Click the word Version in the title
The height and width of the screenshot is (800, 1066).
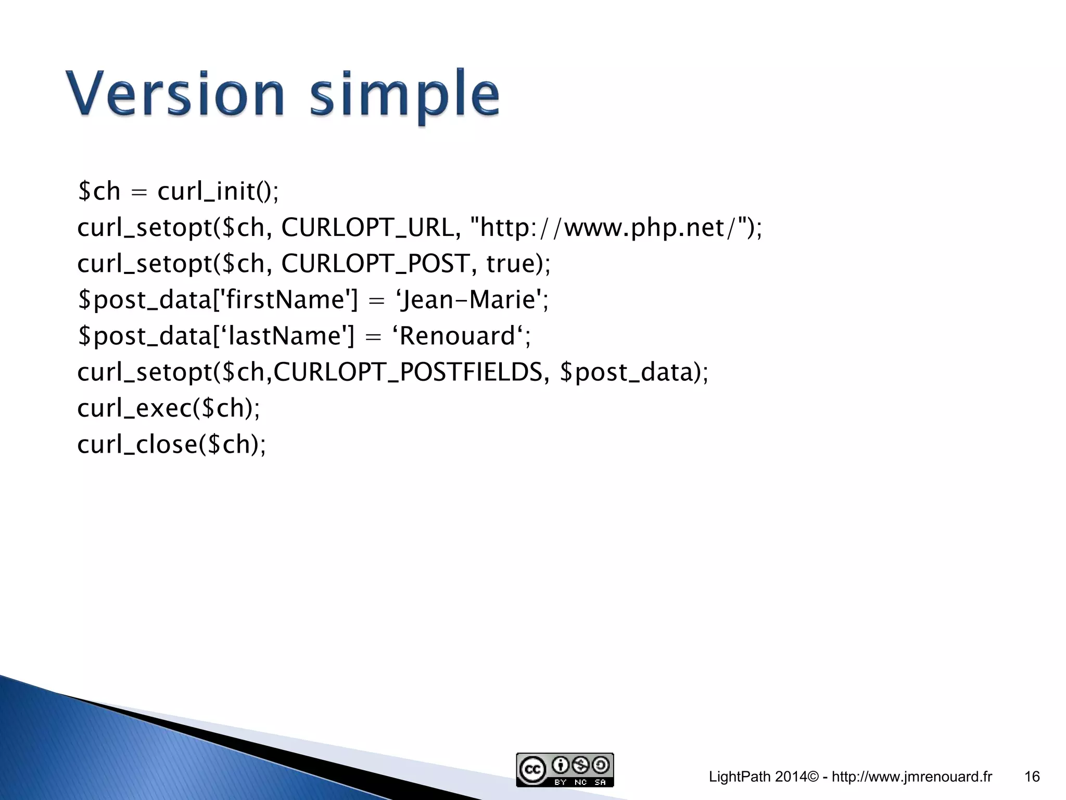pos(175,94)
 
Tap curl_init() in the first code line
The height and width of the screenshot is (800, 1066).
pos(218,191)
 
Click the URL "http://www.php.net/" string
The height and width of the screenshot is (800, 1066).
pos(611,228)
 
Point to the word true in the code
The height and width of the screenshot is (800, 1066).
pos(511,264)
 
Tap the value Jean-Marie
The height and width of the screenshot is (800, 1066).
pos(468,300)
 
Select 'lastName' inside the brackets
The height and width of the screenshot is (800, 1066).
pos(284,336)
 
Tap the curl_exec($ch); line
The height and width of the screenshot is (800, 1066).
pos(168,408)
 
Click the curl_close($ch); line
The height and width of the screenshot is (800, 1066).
pos(171,444)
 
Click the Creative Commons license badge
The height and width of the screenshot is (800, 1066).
pos(565,769)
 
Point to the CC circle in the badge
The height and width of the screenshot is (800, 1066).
pos(532,769)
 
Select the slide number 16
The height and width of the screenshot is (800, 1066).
pos(1032,777)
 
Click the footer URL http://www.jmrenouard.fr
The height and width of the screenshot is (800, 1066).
pos(912,777)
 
